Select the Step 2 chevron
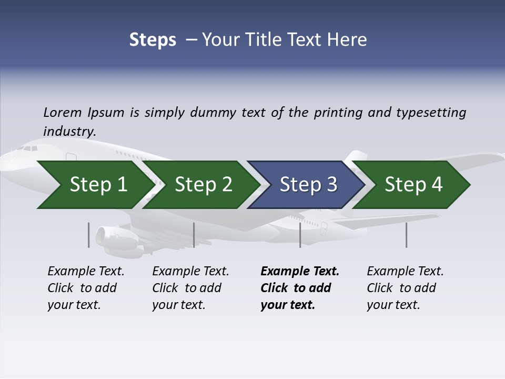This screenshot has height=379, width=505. coord(203,185)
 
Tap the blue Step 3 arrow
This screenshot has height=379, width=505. coord(308,185)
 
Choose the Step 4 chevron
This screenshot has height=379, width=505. coord(413,185)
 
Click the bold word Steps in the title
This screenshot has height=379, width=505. coord(153,40)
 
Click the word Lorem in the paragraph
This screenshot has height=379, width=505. coord(63,112)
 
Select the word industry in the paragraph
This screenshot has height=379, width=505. coord(69,131)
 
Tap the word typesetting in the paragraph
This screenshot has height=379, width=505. coord(430,112)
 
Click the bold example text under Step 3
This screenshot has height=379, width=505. coord(299,288)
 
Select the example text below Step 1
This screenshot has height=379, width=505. coord(86,288)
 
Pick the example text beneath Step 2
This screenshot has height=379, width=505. coord(190,288)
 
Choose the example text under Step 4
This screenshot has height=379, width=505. coord(405,288)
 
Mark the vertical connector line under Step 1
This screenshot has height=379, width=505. coord(89,235)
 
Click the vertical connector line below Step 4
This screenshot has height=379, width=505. coord(406,235)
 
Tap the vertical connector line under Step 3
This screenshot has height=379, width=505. coord(300,235)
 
